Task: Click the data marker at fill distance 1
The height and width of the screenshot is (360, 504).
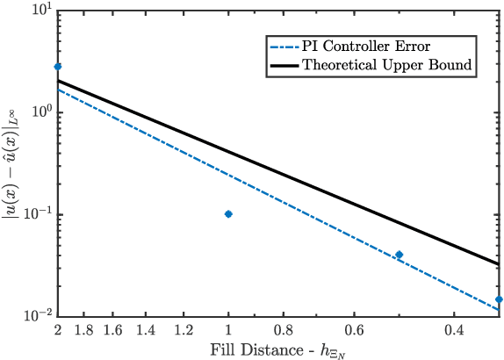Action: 228,214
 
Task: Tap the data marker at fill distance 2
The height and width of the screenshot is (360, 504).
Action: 58,67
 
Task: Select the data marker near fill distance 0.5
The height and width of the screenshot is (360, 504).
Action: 399,255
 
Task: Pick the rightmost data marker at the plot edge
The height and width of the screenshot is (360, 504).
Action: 499,299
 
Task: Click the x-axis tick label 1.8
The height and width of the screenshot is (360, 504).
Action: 83,332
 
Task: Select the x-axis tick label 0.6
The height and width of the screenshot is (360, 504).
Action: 355,332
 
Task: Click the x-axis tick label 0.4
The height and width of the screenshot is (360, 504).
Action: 454,332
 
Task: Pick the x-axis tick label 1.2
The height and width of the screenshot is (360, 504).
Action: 184,332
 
